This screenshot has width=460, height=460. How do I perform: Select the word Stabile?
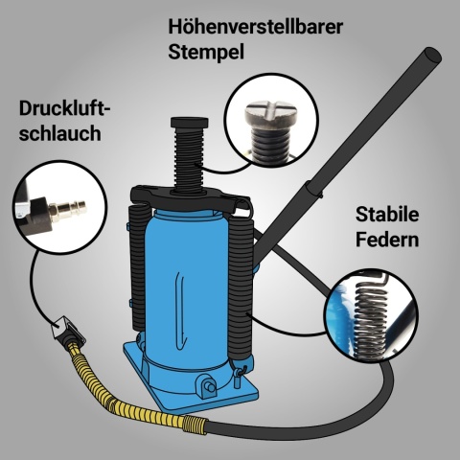tap(388, 214)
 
